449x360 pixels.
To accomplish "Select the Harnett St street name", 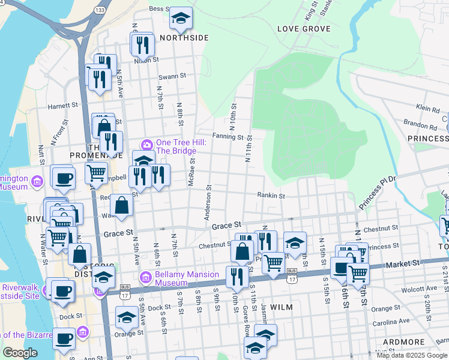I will tap(64, 105).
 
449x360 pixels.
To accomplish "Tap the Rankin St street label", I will tap(271, 195).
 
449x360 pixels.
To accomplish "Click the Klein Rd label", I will tap(428, 107).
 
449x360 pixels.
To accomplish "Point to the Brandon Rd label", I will tap(420, 127).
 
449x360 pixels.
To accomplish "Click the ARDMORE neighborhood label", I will tap(405, 342).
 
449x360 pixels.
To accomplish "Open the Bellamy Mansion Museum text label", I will tap(179, 278).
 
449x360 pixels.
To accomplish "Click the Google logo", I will tap(20, 353).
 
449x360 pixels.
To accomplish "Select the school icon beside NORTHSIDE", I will tap(180, 19).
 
